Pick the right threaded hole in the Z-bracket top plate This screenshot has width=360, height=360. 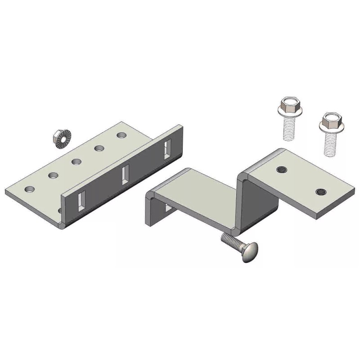point(321,191)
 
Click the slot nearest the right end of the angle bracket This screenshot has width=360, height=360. point(167,148)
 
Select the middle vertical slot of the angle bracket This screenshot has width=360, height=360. point(126,175)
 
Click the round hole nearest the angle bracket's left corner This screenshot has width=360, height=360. point(30,189)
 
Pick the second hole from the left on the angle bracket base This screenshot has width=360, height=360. point(54,175)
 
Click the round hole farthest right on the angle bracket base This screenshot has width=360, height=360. point(121,135)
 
